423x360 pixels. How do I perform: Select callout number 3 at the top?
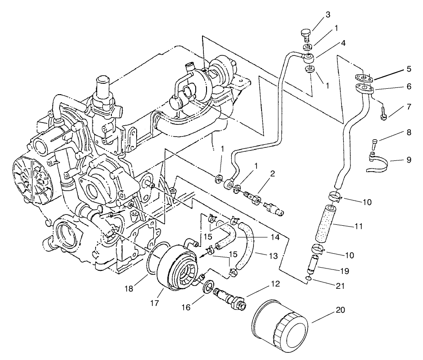[x=328, y=15]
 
